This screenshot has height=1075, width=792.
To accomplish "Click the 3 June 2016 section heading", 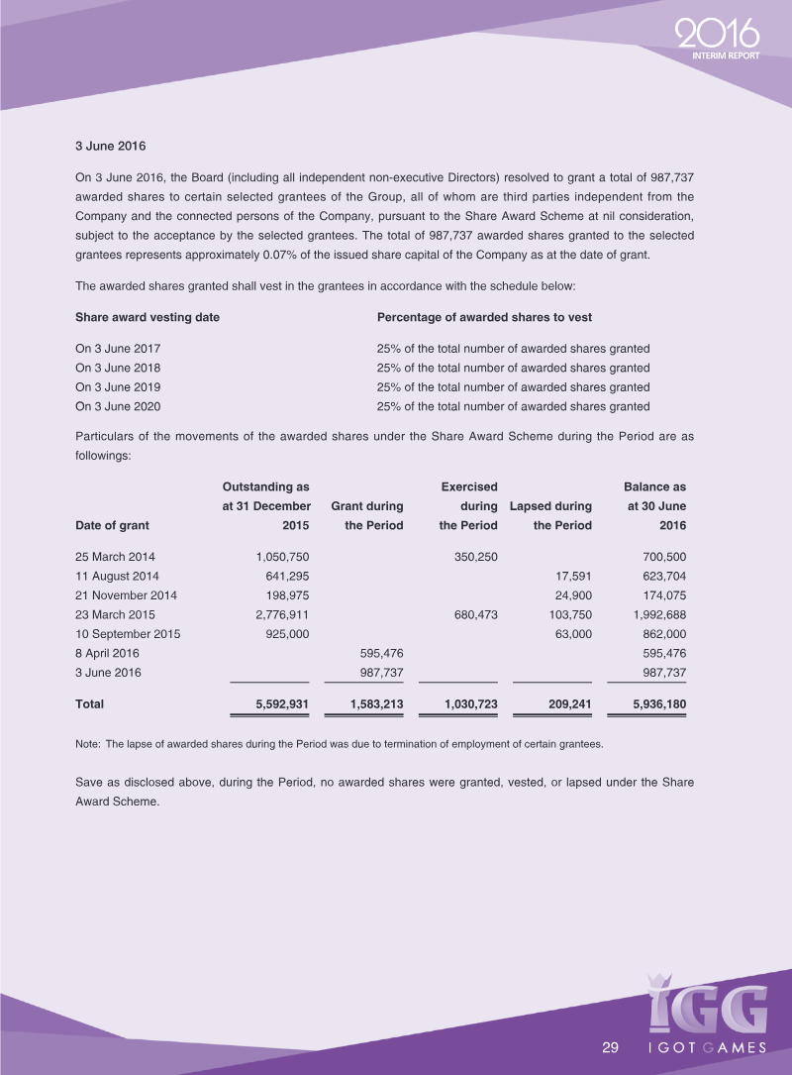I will pyautogui.click(x=111, y=147).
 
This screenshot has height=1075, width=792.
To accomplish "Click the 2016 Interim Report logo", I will pyautogui.click(x=720, y=41).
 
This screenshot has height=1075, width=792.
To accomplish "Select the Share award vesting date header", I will pyautogui.click(x=148, y=317).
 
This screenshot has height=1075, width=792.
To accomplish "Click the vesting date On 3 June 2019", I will pyautogui.click(x=118, y=386).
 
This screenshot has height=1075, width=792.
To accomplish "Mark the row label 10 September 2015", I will pyautogui.click(x=128, y=633).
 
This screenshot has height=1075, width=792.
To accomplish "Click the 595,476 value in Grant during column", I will pyautogui.click(x=378, y=653).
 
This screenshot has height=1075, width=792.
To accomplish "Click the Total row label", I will pyautogui.click(x=90, y=704).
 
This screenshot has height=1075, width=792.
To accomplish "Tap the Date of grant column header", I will pyautogui.click(x=112, y=525).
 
